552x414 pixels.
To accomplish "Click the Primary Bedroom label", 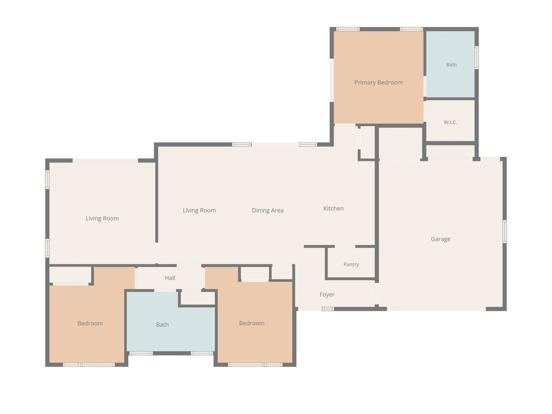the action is pyautogui.click(x=379, y=82).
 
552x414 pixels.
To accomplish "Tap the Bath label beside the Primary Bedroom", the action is pyautogui.click(x=451, y=64).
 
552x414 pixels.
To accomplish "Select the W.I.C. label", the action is pyautogui.click(x=450, y=122).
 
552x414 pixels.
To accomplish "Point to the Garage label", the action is pyautogui.click(x=440, y=239).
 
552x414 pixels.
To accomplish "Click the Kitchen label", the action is pyautogui.click(x=333, y=209).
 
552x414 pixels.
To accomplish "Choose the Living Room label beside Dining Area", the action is pyautogui.click(x=199, y=211).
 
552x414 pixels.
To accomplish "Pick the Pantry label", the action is pyautogui.click(x=351, y=264).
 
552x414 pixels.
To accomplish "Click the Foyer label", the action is pyautogui.click(x=327, y=294).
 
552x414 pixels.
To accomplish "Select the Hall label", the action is pyautogui.click(x=170, y=278).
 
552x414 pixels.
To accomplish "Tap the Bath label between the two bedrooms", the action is pyautogui.click(x=162, y=324).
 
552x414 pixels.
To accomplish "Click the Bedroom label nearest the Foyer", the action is pyautogui.click(x=252, y=323).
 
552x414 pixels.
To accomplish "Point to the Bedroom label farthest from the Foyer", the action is pyautogui.click(x=90, y=323).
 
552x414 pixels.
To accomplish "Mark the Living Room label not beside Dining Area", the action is pyautogui.click(x=102, y=218).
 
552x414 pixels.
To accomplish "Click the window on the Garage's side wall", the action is pyautogui.click(x=504, y=231).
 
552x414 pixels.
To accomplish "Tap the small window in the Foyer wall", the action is pyautogui.click(x=328, y=309).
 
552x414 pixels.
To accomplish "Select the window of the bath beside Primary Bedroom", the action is pyautogui.click(x=476, y=57).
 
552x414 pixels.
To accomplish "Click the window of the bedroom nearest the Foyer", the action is pyautogui.click(x=255, y=365).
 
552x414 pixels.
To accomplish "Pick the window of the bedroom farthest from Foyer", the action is pyautogui.click(x=88, y=365).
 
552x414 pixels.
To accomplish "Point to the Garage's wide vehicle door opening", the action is pyautogui.click(x=437, y=309).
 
